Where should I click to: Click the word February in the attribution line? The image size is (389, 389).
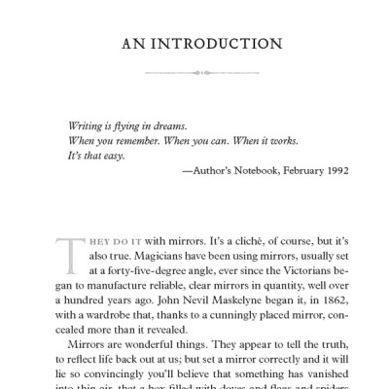290,170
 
